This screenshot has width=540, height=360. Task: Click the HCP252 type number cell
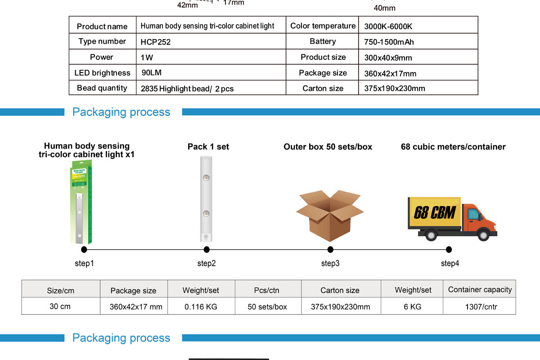[x=156, y=42]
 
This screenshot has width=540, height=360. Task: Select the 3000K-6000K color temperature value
[x=388, y=27]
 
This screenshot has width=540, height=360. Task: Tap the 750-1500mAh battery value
[x=389, y=42]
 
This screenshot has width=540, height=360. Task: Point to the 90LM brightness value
[x=151, y=72]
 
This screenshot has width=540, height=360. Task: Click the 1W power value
[x=147, y=58]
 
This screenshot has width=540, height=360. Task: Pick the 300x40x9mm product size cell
[x=388, y=58]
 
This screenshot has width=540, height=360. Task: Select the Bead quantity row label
[x=102, y=88]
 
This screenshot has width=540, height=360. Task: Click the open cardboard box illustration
[x=329, y=215]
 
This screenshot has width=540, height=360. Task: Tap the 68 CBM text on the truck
[x=434, y=212]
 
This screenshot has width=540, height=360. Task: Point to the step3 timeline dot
[x=330, y=250]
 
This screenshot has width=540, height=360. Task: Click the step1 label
[x=84, y=263]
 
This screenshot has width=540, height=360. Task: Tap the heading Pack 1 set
[x=208, y=147]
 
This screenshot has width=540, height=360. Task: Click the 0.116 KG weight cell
[x=201, y=307]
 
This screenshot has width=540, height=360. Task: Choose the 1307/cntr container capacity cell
[x=480, y=307]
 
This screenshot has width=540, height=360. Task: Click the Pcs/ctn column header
[x=267, y=290]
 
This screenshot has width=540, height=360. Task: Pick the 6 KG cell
[x=412, y=307]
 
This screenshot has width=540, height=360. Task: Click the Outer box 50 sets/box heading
[x=328, y=147]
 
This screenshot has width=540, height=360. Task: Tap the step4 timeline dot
[x=449, y=250]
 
